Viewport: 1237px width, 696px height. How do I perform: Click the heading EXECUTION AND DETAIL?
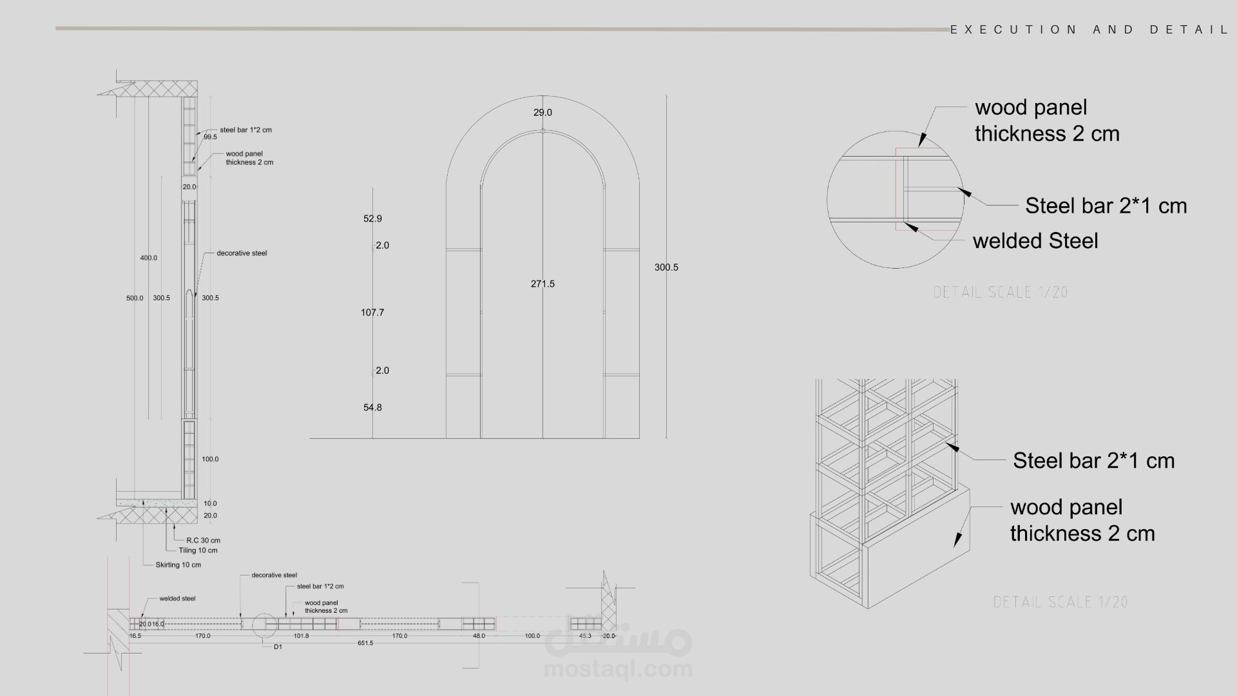tap(1089, 30)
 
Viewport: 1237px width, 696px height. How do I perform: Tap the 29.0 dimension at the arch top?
tap(542, 113)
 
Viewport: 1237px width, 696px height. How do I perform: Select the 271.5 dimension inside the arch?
tap(542, 284)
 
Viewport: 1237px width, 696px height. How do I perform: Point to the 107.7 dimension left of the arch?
tap(372, 313)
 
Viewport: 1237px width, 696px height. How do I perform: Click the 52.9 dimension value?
tap(372, 219)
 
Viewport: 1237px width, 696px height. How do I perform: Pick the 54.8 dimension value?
tap(372, 407)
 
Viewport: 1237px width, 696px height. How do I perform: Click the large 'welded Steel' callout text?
tap(1035, 241)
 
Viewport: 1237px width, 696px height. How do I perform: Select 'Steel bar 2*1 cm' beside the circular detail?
tap(1106, 206)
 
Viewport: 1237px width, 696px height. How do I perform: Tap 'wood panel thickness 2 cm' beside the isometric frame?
tap(1082, 520)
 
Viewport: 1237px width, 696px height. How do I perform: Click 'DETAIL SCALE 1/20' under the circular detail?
tap(1001, 293)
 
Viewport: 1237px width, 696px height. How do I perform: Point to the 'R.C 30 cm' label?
tap(204, 541)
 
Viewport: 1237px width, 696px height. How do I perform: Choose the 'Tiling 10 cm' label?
tap(198, 550)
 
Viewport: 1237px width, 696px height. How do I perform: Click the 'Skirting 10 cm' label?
tap(178, 565)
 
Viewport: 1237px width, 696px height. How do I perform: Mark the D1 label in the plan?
tap(278, 647)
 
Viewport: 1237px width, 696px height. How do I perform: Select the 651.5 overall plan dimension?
tap(365, 643)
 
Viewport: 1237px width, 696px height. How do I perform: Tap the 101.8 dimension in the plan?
tap(301, 636)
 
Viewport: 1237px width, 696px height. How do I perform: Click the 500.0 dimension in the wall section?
tap(135, 298)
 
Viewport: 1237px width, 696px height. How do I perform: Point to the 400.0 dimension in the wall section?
tap(148, 258)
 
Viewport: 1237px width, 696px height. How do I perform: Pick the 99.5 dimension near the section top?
tap(210, 137)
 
